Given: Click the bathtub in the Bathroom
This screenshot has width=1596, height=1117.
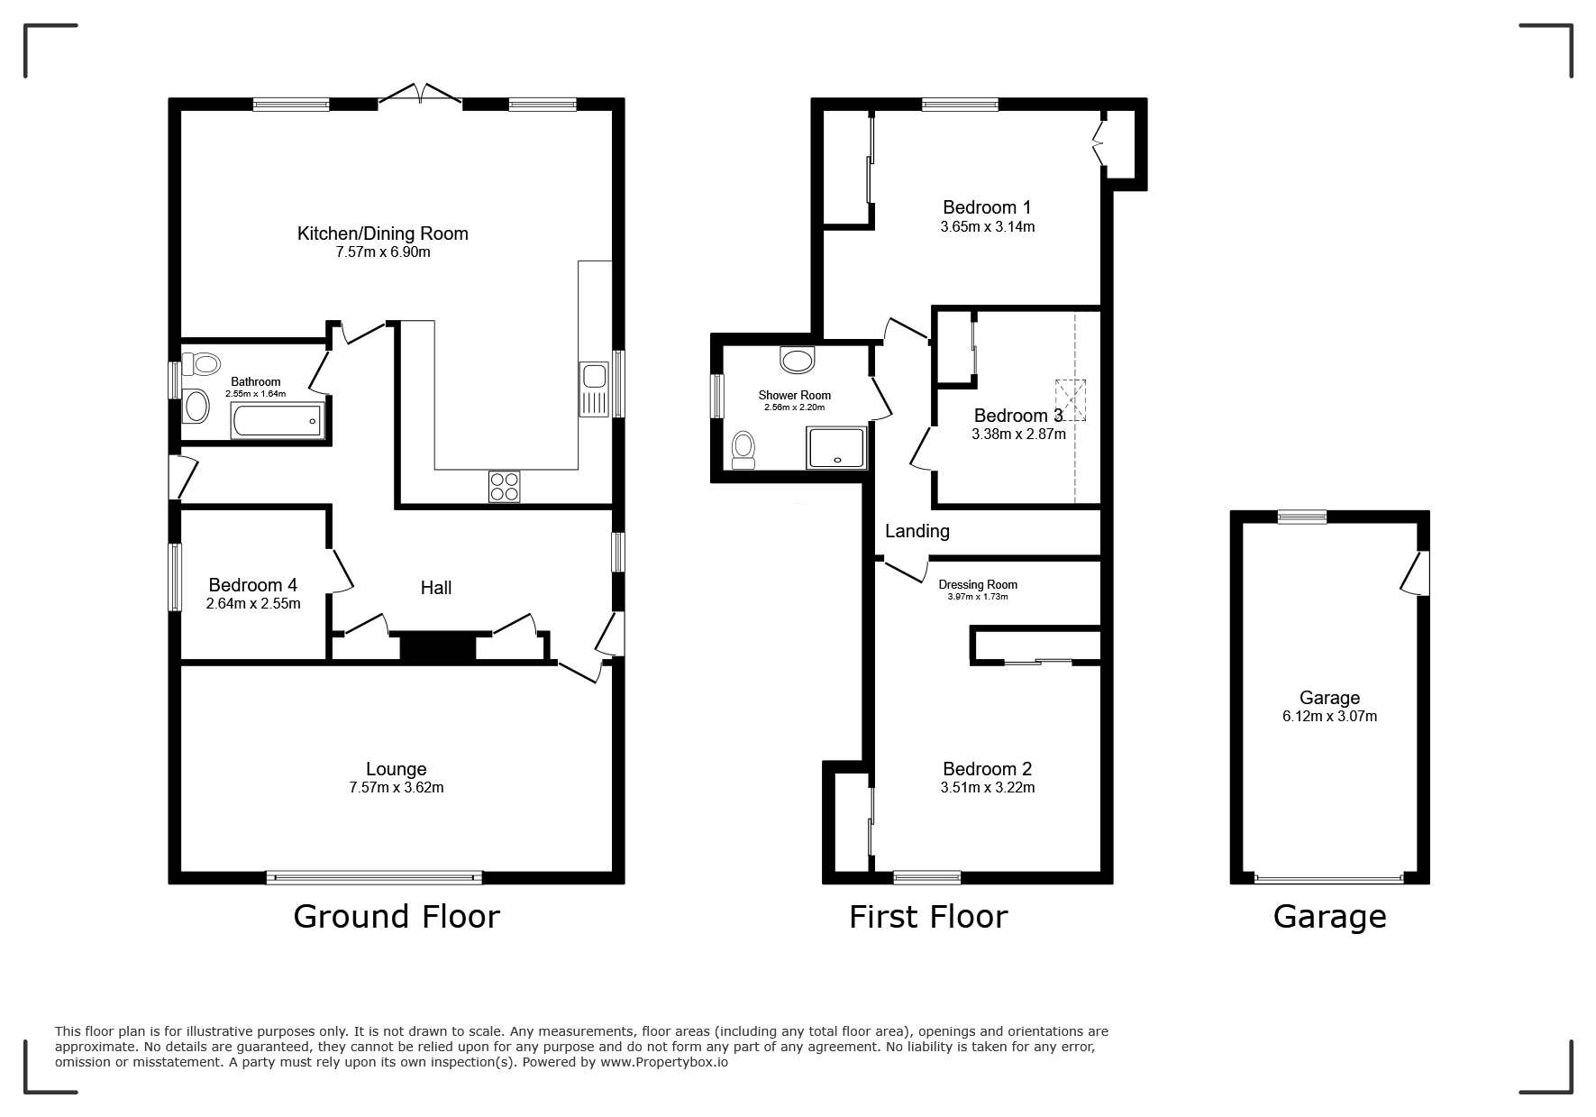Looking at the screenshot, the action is [277, 420].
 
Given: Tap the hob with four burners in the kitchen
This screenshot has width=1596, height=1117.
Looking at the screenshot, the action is [505, 487].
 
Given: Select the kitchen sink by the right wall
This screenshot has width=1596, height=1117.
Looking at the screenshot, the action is [596, 389].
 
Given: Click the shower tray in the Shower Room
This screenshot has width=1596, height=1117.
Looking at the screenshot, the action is [837, 447].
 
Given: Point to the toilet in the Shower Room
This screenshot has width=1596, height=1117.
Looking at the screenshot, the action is [743, 449].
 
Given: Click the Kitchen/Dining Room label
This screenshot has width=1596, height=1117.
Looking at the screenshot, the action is [383, 234].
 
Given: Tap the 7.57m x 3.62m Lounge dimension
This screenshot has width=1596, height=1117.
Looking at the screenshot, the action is [397, 788].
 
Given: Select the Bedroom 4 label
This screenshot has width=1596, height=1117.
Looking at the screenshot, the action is [253, 585].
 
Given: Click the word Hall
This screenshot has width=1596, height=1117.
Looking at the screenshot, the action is [436, 588].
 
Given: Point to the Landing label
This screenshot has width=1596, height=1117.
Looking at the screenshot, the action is [917, 531].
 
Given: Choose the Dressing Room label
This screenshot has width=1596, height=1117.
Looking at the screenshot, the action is [978, 585].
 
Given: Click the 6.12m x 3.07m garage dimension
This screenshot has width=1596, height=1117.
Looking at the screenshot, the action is [1330, 717].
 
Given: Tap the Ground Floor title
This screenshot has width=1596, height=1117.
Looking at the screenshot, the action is [397, 917].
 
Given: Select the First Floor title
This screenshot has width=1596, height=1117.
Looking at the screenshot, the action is [928, 917].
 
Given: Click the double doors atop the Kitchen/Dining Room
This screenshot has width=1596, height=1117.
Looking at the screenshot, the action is [421, 94].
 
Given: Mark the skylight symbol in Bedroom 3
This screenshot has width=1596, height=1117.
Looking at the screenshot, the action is [1071, 400].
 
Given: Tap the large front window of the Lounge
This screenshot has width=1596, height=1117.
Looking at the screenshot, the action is [374, 877].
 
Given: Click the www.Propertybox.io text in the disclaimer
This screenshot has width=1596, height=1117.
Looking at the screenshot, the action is [664, 1063].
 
